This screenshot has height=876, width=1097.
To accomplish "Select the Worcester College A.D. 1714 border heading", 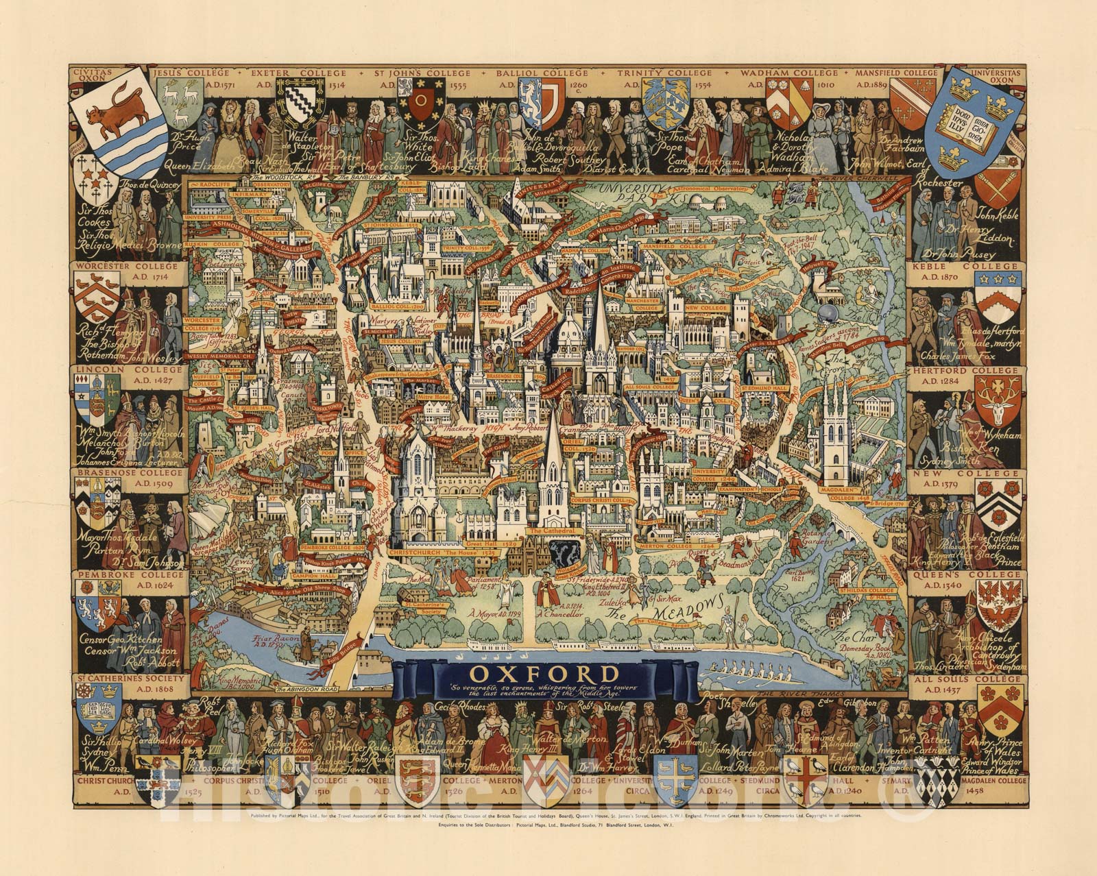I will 128,271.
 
